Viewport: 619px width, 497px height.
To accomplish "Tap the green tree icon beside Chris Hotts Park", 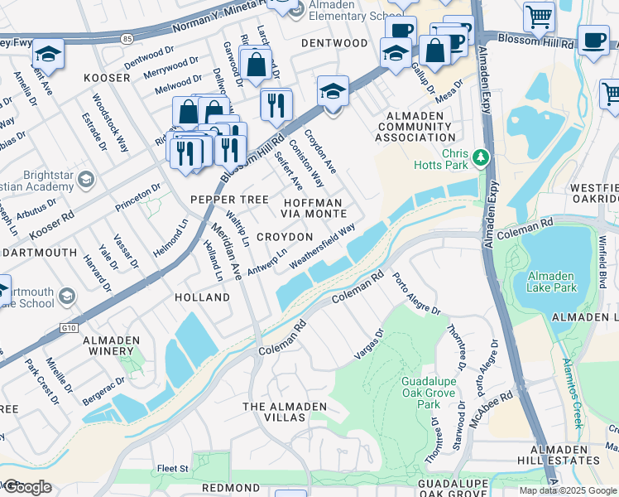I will click(x=481, y=157).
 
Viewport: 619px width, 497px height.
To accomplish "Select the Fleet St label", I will click(x=172, y=468).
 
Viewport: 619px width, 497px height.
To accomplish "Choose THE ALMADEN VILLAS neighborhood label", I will click(x=274, y=412).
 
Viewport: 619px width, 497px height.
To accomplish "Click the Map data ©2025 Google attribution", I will click(x=567, y=490).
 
